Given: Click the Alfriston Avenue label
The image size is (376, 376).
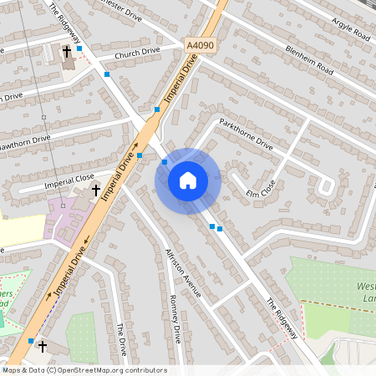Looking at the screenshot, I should tap(183, 272).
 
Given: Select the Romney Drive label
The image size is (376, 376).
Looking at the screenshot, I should tap(175, 319).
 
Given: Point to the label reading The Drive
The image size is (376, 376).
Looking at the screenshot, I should tap(121, 340).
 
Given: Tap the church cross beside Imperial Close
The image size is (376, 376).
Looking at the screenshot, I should tap(96, 190).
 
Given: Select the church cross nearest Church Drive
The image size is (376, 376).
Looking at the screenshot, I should tap(67, 53).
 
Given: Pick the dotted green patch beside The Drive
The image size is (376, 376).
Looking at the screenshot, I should tap(81, 334).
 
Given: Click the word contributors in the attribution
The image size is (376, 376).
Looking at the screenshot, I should tap(142, 370).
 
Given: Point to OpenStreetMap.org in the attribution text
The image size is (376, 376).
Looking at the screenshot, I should tap(86, 370).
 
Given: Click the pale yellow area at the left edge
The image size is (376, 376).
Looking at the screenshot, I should tap(21, 231).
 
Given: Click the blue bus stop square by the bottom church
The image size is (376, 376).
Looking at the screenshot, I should tap(31, 341).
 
